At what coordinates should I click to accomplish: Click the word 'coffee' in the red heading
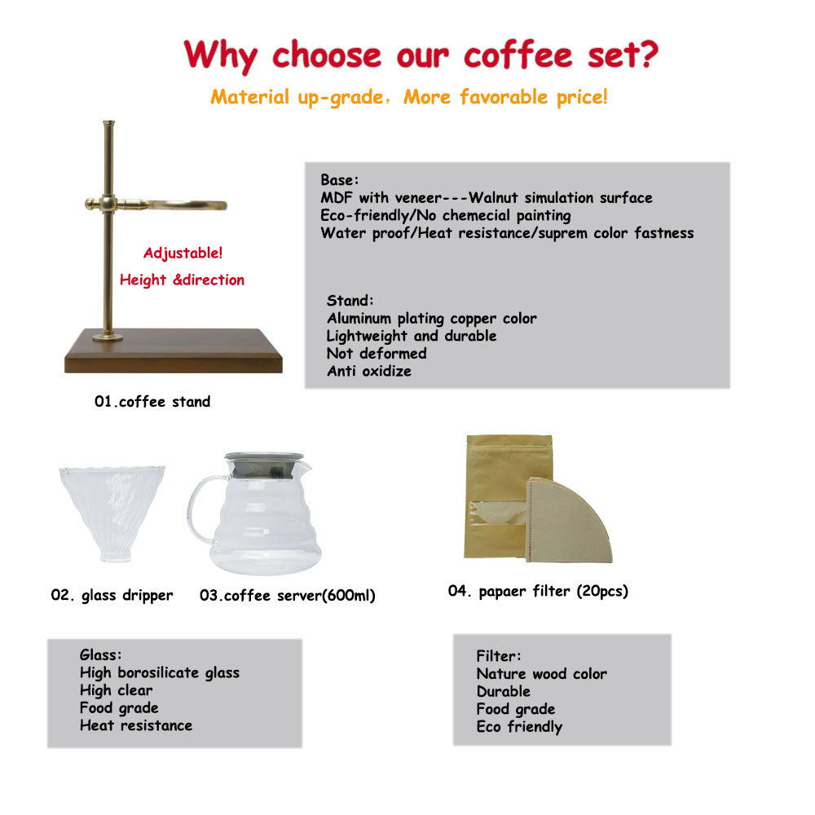click(518, 55)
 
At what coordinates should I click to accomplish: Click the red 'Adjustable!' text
click(183, 253)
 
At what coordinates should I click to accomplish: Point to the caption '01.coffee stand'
click(152, 401)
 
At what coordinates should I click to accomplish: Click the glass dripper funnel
click(112, 513)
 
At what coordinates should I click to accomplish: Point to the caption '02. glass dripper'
click(112, 595)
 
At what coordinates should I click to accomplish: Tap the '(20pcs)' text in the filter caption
click(602, 591)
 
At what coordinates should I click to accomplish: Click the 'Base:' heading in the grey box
click(339, 180)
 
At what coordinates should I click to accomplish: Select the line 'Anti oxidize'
click(369, 371)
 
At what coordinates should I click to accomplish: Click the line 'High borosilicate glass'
click(160, 672)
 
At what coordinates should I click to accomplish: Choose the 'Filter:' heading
click(499, 656)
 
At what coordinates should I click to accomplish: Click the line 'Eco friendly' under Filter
click(519, 727)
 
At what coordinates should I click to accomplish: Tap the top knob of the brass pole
click(108, 124)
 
